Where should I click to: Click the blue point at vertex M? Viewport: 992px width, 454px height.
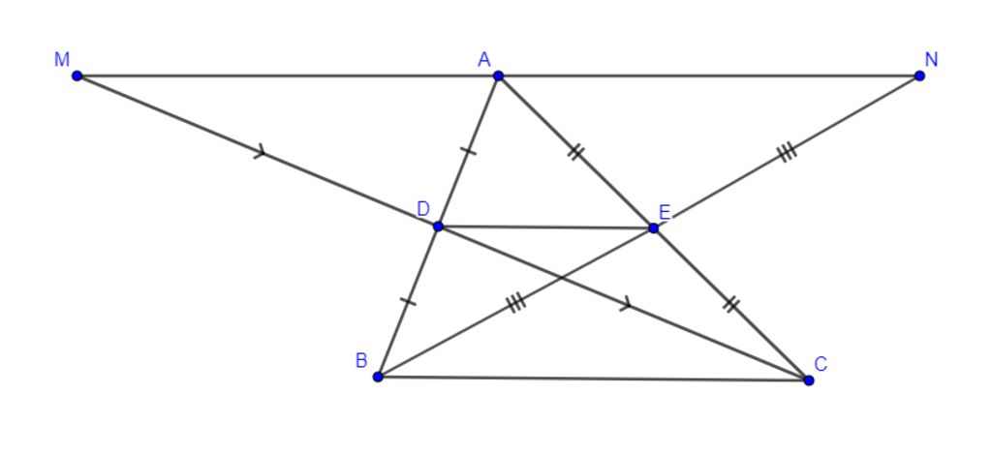[77, 76]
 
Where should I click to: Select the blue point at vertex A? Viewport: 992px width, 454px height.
[499, 76]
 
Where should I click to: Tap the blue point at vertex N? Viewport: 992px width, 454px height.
[919, 76]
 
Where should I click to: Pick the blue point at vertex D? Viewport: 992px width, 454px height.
[438, 227]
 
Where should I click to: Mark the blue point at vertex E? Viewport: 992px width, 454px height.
[654, 228]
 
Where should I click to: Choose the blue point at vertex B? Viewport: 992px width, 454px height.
[378, 377]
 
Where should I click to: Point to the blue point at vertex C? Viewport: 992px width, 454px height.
[809, 380]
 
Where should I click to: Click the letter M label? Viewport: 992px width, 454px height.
[62, 59]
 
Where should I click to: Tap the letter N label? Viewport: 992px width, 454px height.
[931, 59]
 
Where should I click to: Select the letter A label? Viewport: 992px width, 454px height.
[484, 59]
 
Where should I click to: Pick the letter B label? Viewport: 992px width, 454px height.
[361, 360]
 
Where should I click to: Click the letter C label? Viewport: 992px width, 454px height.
[821, 364]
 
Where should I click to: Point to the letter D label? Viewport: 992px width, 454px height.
[423, 208]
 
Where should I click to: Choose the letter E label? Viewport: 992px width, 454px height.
[665, 212]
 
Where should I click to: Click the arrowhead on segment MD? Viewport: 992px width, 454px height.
[260, 152]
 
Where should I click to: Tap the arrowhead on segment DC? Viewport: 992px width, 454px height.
[626, 305]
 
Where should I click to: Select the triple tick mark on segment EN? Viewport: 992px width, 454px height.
[787, 152]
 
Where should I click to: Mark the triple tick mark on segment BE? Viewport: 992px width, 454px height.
[516, 303]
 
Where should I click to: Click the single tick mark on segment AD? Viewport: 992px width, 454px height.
[468, 150]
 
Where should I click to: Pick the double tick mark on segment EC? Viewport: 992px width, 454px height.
[731, 305]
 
